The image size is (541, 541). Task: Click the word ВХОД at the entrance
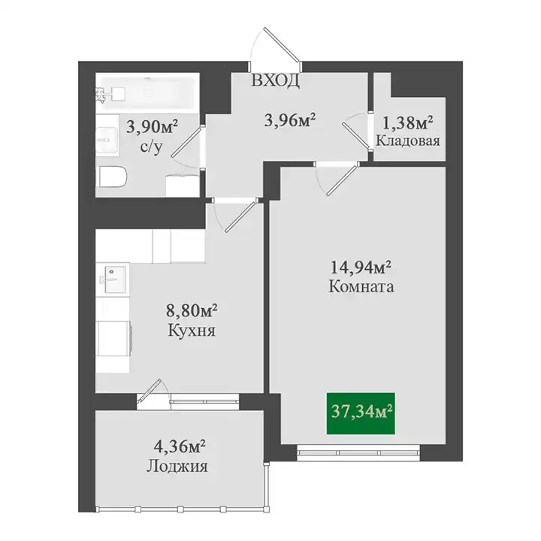point(275,80)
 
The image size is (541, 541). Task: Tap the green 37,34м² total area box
point(361,413)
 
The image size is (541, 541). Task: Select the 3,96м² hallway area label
point(290,120)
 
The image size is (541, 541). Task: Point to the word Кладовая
point(408,141)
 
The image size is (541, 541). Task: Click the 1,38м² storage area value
point(408,123)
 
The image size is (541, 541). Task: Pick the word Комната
point(361,287)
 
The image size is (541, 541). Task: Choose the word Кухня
point(192,331)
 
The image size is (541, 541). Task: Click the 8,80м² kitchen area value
point(192,312)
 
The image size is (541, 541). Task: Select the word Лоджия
point(177,466)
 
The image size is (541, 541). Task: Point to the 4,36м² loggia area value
point(180,447)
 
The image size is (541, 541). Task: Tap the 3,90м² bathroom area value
point(152,127)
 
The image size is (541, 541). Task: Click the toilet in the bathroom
point(113,177)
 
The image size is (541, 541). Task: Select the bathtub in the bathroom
point(148,91)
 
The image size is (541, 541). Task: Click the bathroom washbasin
point(107,140)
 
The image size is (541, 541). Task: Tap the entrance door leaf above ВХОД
point(280,45)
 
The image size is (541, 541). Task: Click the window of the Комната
point(358,452)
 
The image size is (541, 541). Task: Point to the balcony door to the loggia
point(150,390)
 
